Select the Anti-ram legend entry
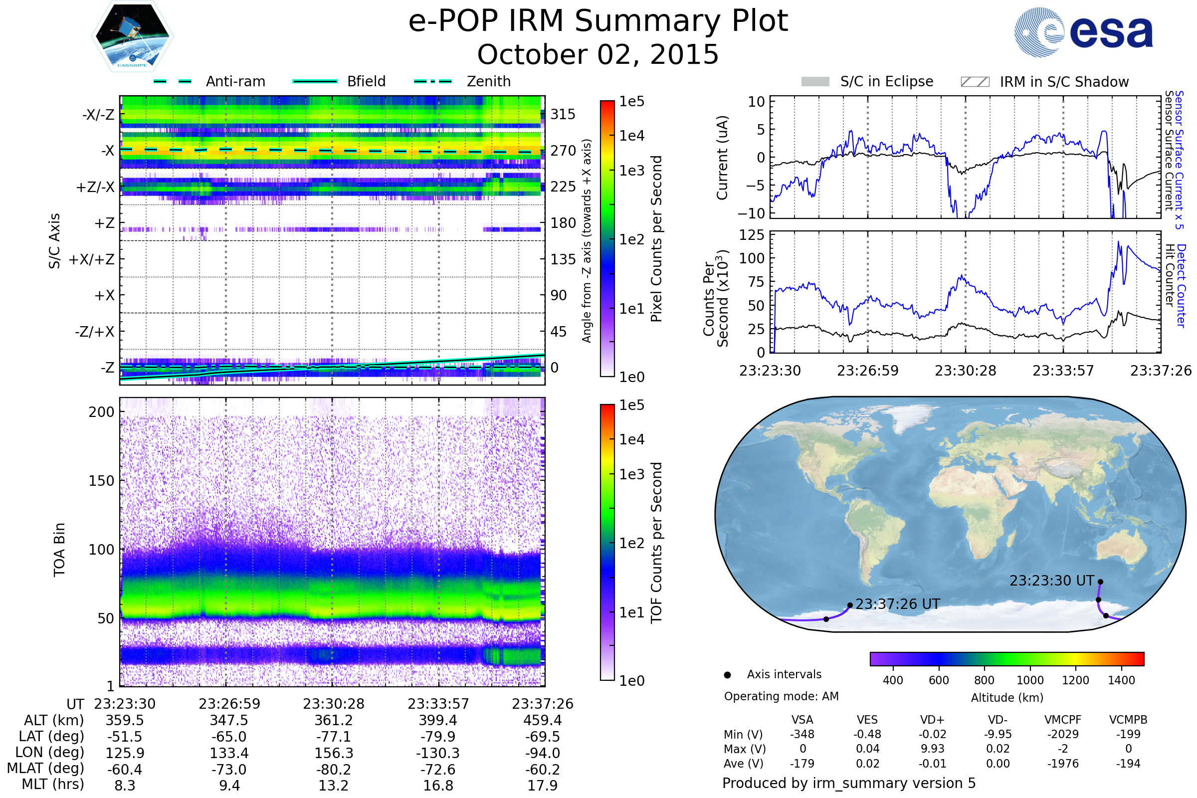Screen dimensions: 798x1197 click(235, 81)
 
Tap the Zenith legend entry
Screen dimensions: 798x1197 click(489, 81)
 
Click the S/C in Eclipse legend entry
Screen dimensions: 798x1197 click(886, 81)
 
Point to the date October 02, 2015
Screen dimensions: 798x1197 click(598, 54)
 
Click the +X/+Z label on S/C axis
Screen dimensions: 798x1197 click(92, 259)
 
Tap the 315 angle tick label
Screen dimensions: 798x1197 click(563, 114)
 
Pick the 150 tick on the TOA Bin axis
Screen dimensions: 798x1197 click(101, 481)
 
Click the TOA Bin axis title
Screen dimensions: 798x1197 click(59, 549)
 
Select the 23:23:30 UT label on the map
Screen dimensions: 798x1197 click(1051, 581)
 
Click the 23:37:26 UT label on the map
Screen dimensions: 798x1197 click(898, 604)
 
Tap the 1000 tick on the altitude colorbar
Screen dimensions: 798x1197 click(1030, 680)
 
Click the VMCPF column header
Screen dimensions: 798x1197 click(1063, 720)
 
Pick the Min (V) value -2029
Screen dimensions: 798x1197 click(1063, 734)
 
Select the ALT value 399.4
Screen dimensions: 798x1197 click(438, 721)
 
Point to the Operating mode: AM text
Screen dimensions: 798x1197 click(781, 696)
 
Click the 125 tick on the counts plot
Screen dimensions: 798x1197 click(752, 235)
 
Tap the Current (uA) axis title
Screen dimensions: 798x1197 click(722, 158)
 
